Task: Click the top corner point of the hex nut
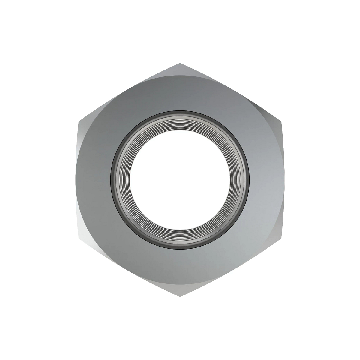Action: point(180,63)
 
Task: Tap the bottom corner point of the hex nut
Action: point(180,297)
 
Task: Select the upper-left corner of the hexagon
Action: point(79,122)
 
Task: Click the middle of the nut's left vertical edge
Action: point(79,180)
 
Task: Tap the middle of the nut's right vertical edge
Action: point(282,180)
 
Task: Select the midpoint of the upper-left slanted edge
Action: point(129,92)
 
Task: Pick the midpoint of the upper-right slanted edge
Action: point(231,92)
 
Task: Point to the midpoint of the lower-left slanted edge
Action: point(129,268)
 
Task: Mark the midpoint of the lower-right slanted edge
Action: point(231,268)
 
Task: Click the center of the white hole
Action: point(180,180)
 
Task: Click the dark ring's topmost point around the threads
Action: point(180,112)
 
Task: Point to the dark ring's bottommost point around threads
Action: point(180,248)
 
